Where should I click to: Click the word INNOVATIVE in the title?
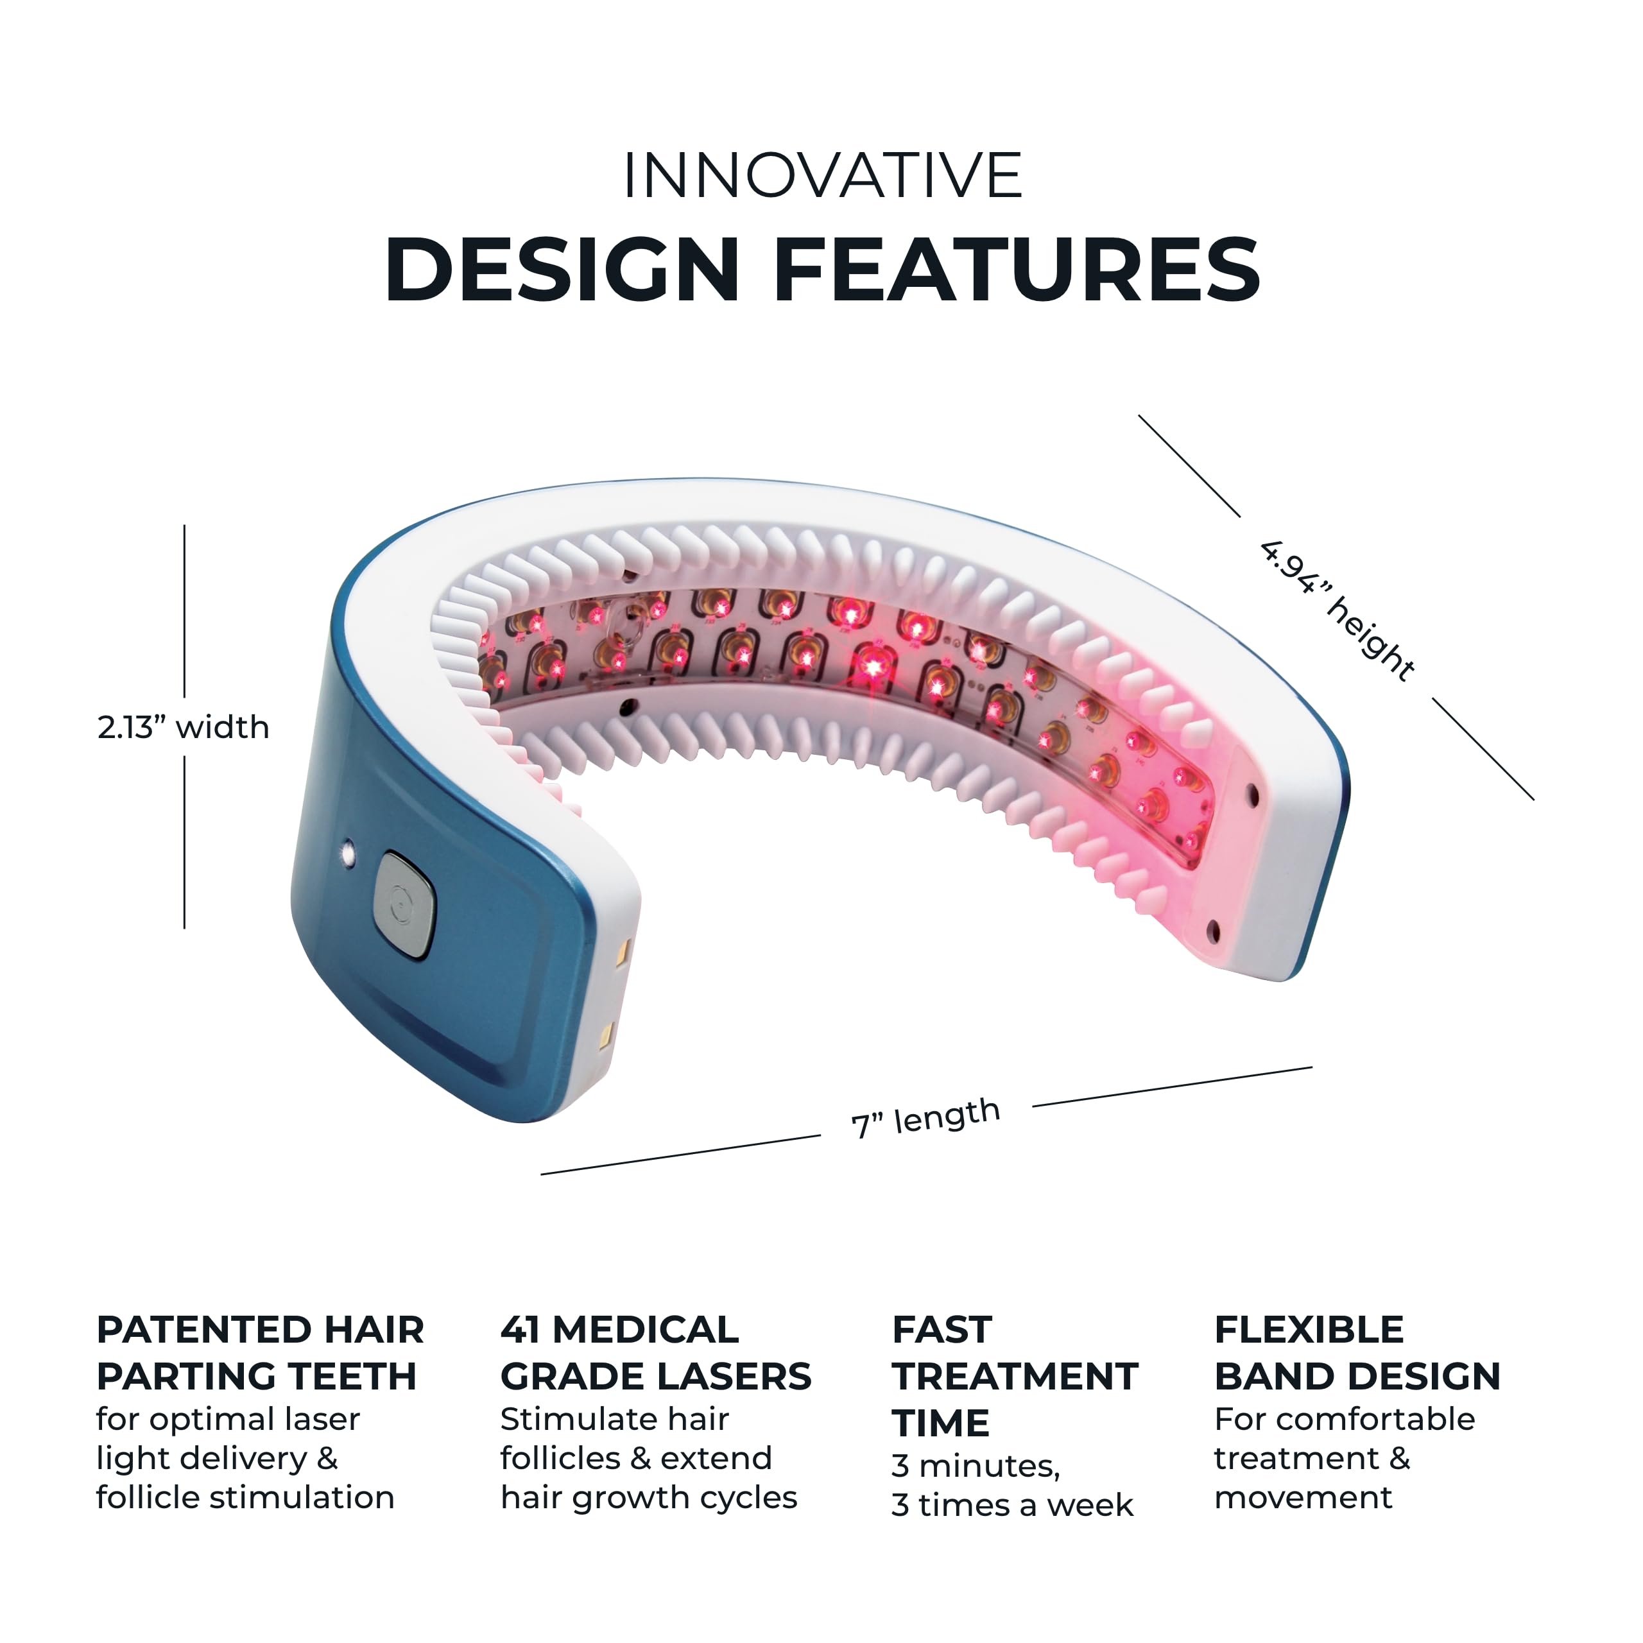coord(821,176)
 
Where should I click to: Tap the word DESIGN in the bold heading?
coord(562,270)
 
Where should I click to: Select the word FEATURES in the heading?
coord(1015,270)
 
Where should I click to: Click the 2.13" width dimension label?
coord(184,727)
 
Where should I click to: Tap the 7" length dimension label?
coord(925,1117)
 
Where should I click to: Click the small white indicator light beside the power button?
coord(347,850)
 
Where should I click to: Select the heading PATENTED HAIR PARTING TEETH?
coord(259,1353)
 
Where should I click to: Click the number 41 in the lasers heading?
coord(519,1330)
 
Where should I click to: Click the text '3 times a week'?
coord(1012,1505)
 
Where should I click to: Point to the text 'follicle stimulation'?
coord(245,1497)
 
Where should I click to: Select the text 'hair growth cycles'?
coord(649,1497)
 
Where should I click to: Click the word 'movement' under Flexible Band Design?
coord(1303,1497)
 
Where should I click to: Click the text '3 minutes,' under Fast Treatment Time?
coord(976,1466)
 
